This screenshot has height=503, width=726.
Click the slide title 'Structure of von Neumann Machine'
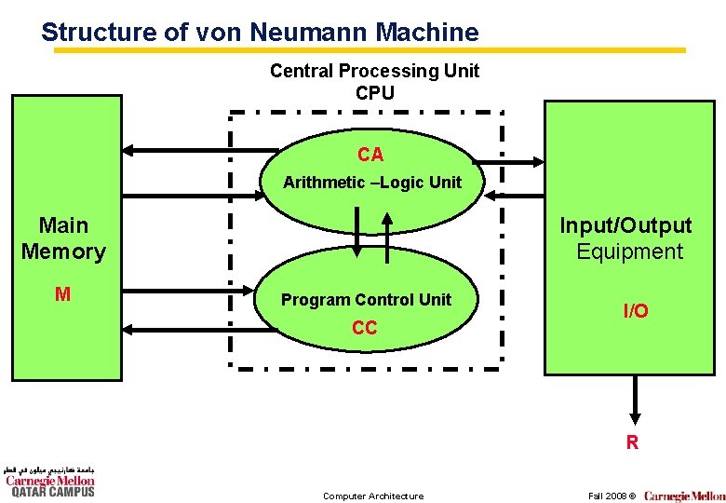pyautogui.click(x=260, y=33)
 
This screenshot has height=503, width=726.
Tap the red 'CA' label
pyautogui.click(x=370, y=155)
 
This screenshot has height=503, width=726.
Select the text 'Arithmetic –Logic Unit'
pyautogui.click(x=371, y=183)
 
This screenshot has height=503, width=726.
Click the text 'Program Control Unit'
pyautogui.click(x=366, y=300)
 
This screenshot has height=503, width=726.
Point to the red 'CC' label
pyautogui.click(x=365, y=328)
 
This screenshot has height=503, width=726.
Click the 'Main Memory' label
pyautogui.click(x=63, y=238)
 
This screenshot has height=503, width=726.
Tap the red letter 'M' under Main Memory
pyautogui.click(x=62, y=295)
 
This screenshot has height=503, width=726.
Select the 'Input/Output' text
pyautogui.click(x=625, y=225)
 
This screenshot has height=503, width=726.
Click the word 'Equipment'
pyautogui.click(x=629, y=251)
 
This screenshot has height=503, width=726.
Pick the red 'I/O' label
pyautogui.click(x=636, y=311)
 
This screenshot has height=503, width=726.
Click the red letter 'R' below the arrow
pyautogui.click(x=632, y=443)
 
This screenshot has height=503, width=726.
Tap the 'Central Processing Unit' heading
pyautogui.click(x=374, y=71)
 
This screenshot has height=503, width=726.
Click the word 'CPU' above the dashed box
pyautogui.click(x=374, y=93)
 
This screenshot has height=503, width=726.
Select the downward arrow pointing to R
pyautogui.click(x=633, y=400)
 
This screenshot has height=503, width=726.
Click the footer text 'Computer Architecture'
pyautogui.click(x=372, y=496)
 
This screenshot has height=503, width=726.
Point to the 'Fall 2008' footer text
pyautogui.click(x=607, y=496)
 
